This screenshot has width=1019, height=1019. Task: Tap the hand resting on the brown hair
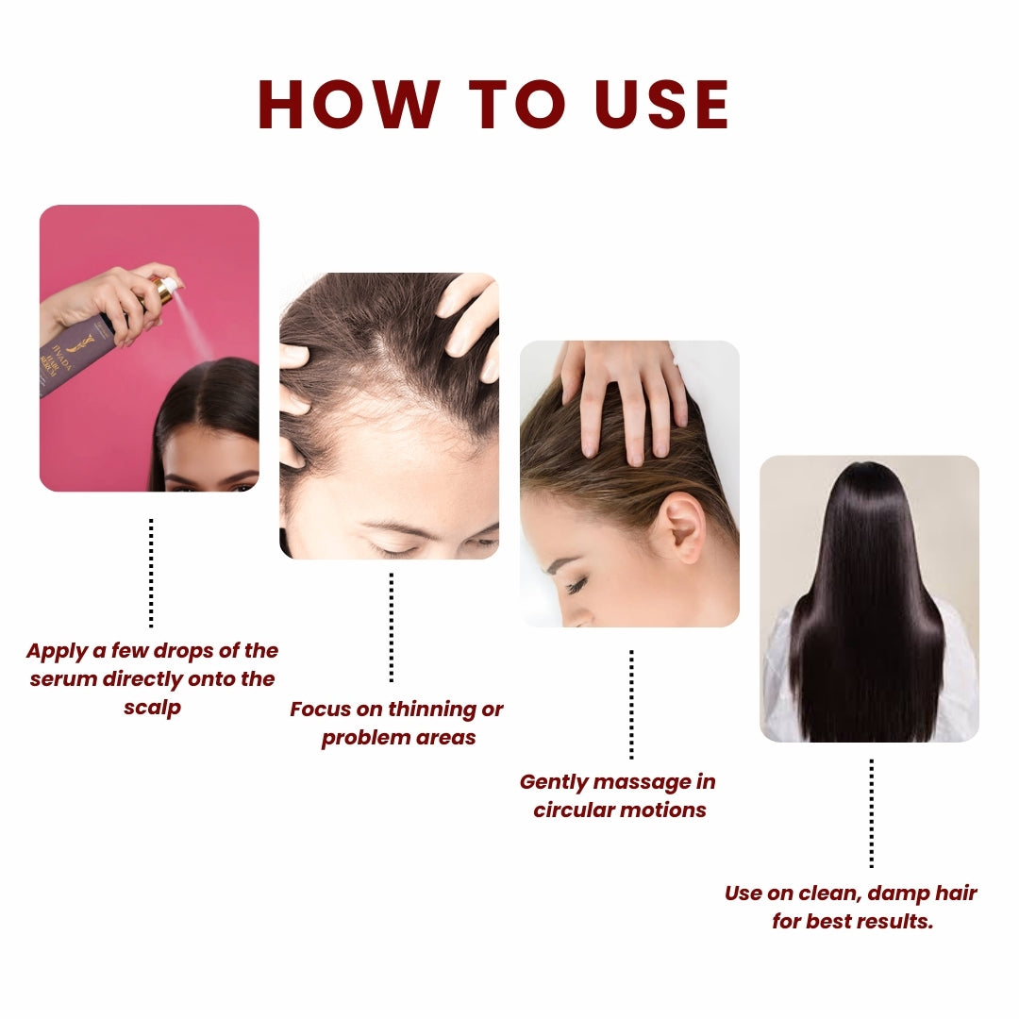tap(623, 396)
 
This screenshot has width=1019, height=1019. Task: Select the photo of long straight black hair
tap(869, 598)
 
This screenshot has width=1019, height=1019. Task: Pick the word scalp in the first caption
tap(152, 708)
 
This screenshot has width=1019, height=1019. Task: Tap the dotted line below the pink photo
tap(151, 572)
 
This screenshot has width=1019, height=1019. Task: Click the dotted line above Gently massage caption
tap(631, 704)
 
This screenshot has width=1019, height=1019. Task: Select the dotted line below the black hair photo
tap(871, 812)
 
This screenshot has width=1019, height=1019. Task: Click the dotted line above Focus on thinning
tap(392, 626)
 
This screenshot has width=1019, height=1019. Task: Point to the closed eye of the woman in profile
tap(575, 586)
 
